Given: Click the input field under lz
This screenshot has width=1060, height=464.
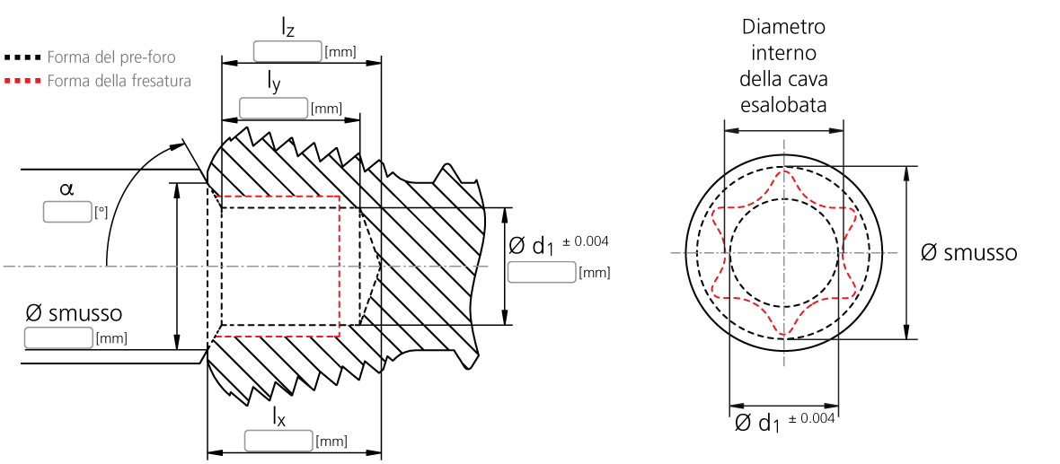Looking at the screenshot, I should coord(287,51).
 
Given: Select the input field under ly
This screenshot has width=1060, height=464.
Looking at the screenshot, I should coord(273,109).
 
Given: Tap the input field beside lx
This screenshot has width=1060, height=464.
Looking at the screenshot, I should coord(278,441).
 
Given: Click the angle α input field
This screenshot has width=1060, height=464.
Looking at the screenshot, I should coord(67,213).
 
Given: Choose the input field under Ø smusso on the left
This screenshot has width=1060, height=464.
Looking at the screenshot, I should coord(58,337).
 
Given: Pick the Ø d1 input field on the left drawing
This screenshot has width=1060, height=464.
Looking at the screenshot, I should coord(541,272).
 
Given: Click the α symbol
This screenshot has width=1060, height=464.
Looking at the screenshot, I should coord(66,189).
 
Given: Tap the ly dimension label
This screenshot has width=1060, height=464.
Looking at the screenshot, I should coord(273,83).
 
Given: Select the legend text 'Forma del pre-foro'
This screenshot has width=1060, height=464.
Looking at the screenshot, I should coord(111,57).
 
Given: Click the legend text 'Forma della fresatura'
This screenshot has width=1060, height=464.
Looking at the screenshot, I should coord(119,81).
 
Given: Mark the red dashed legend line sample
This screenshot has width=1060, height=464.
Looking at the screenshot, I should coord(22,81).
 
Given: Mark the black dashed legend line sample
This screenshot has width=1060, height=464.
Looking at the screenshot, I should coord(22,57).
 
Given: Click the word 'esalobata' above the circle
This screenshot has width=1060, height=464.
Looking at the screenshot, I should coord(783,106).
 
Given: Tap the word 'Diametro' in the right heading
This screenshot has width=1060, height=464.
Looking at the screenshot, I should coord(783,26).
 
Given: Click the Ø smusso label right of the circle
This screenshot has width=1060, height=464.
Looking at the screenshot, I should coord(968,253).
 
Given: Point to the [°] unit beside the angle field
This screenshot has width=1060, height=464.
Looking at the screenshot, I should coord(101,214).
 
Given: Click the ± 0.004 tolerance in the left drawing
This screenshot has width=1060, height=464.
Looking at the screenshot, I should coord(586,241).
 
